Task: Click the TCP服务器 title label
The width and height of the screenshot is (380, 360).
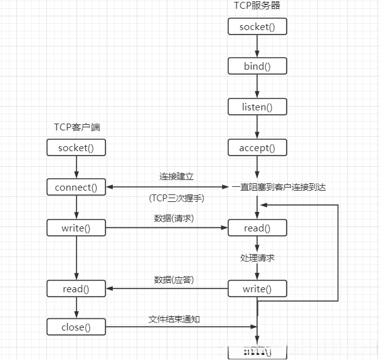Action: tap(257, 6)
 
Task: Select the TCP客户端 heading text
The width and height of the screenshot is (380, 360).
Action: tap(77, 127)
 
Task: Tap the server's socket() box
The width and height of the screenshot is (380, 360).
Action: tap(257, 27)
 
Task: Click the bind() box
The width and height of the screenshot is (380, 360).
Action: tap(257, 66)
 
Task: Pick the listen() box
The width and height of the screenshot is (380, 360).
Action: tap(257, 107)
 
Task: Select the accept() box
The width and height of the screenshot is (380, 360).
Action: tap(257, 148)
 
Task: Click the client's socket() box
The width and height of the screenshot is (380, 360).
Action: tap(77, 148)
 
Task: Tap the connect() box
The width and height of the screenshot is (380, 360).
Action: tap(77, 187)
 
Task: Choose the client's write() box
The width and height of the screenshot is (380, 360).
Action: tap(77, 228)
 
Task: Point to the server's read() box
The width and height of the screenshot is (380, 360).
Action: tap(257, 228)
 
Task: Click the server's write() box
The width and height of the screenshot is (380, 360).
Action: tap(257, 289)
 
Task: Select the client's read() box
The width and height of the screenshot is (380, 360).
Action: tap(77, 289)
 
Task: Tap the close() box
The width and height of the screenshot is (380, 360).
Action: tap(77, 326)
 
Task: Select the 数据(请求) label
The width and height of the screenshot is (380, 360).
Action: tap(174, 218)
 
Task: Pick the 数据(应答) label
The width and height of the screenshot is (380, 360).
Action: tap(174, 279)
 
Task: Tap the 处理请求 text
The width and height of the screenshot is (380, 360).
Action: tap(257, 258)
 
